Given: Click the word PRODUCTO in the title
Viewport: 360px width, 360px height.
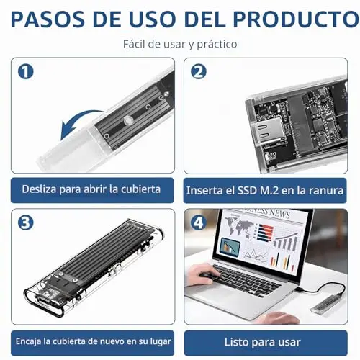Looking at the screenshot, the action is pyautogui.click(x=296, y=19).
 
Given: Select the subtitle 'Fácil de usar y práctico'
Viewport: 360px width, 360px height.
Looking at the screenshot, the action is pyautogui.click(x=180, y=44).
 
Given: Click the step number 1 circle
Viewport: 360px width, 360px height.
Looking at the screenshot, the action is pyautogui.click(x=26, y=71).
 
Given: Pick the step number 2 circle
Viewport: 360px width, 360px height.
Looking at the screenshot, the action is pyautogui.click(x=199, y=71).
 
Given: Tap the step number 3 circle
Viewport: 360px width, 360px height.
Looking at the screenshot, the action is pyautogui.click(x=26, y=222).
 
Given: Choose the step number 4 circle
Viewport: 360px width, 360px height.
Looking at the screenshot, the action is pyautogui.click(x=199, y=222).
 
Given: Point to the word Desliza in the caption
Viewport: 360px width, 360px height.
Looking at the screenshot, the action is pyautogui.click(x=39, y=189).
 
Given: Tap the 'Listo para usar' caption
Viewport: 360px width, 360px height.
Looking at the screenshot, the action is pyautogui.click(x=262, y=342).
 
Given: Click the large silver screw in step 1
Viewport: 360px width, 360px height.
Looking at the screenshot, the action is pyautogui.click(x=127, y=120).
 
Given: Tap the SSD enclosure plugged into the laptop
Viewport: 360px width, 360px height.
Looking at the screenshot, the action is pyautogui.click(x=326, y=304).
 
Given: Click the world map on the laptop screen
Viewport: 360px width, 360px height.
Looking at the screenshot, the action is pyautogui.click(x=238, y=225).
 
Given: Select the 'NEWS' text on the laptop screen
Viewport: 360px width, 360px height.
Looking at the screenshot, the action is pyautogui.click(x=279, y=213).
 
